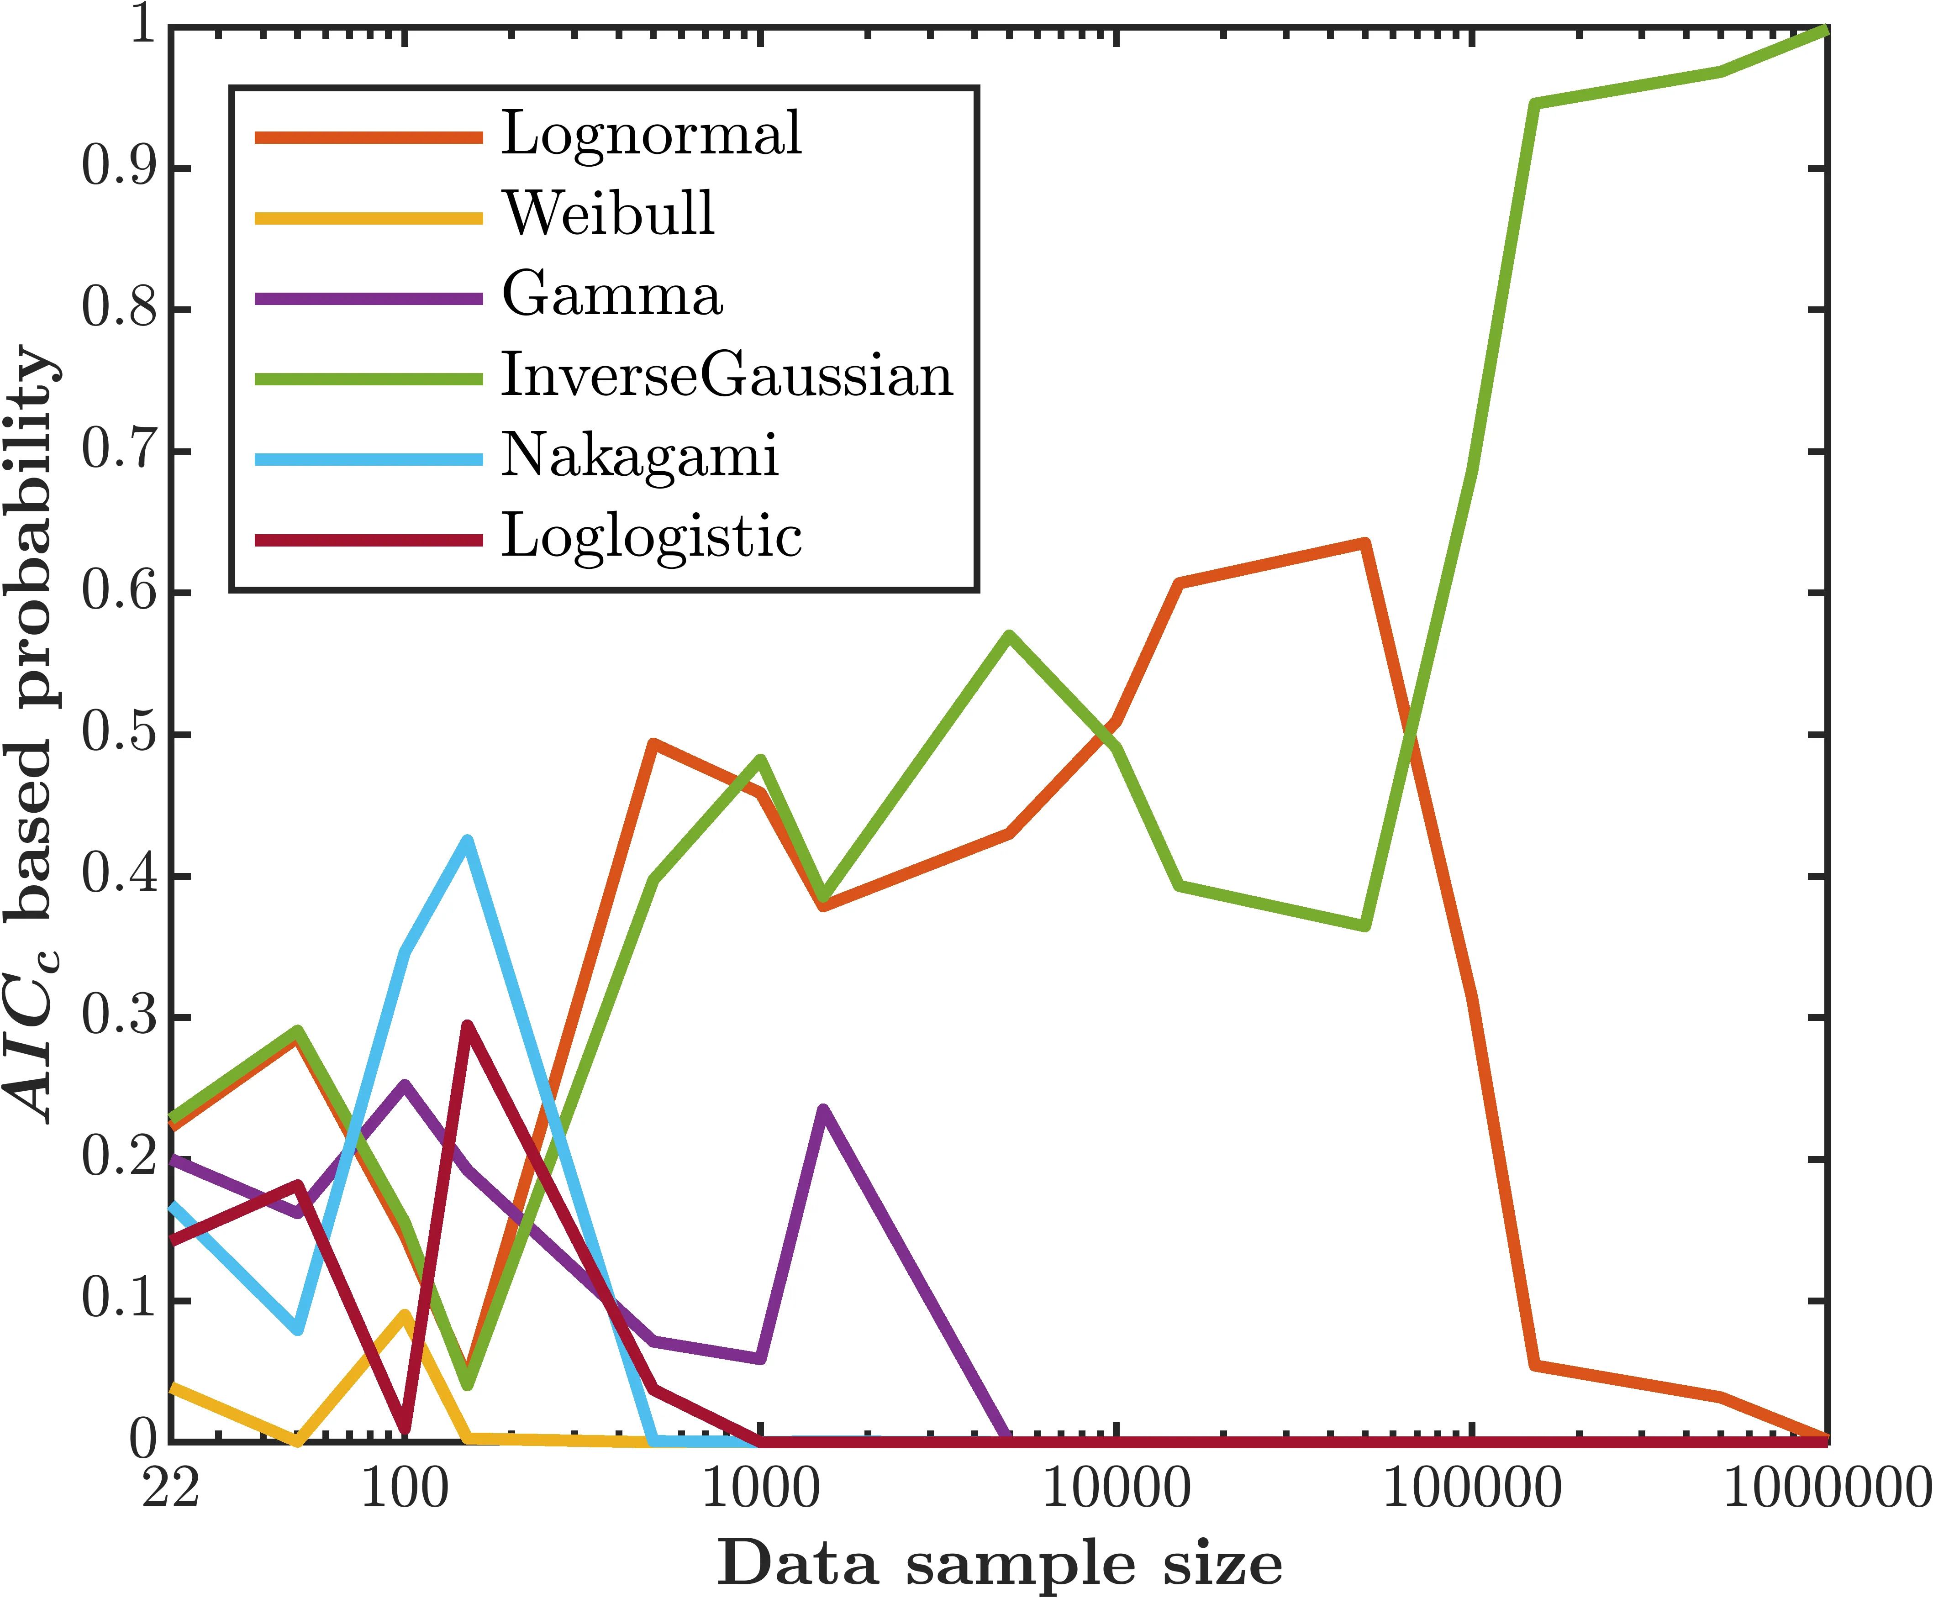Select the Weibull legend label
click(608, 215)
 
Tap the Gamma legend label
click(612, 295)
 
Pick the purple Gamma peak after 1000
click(823, 1110)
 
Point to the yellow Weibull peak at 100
click(405, 1314)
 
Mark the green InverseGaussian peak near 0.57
click(1010, 635)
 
